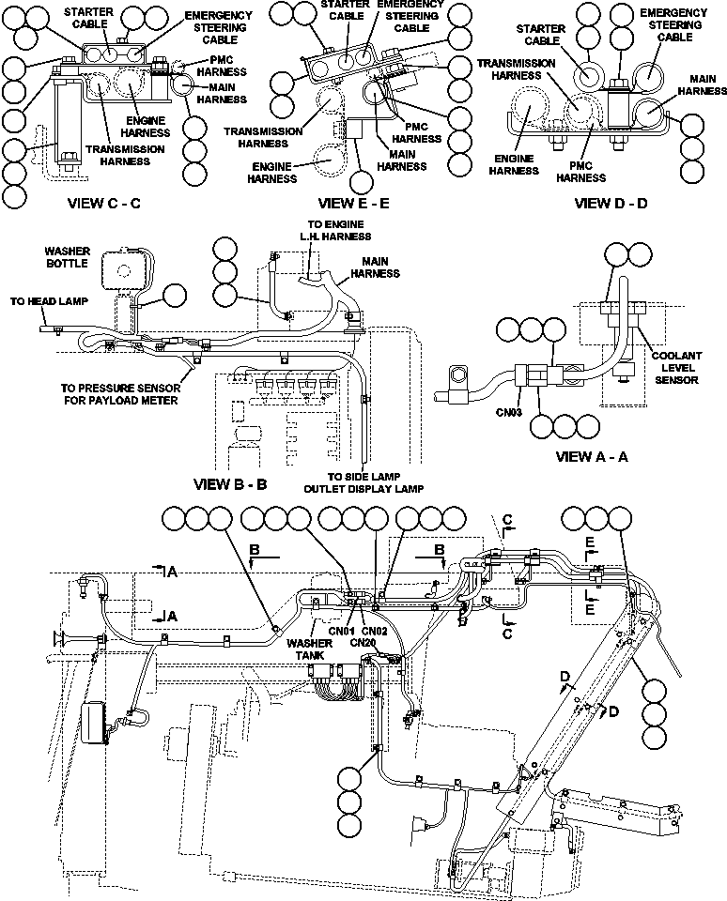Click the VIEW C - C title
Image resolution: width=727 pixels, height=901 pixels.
[x=104, y=203]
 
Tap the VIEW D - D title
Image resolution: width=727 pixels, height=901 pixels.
[x=610, y=203]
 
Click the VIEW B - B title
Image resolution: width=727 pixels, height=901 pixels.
[x=230, y=484]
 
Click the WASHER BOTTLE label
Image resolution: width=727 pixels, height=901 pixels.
[x=67, y=257]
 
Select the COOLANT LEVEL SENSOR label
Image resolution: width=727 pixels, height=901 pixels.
[x=677, y=369]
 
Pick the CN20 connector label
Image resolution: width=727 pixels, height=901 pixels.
[x=363, y=641]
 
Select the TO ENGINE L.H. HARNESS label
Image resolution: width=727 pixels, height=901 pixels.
[x=340, y=230]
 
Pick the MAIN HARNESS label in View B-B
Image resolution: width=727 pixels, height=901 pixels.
[x=374, y=267]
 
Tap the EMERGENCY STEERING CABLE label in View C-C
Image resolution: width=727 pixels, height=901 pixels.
[x=218, y=26]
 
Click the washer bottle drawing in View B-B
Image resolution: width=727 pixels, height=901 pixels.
[x=119, y=269]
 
